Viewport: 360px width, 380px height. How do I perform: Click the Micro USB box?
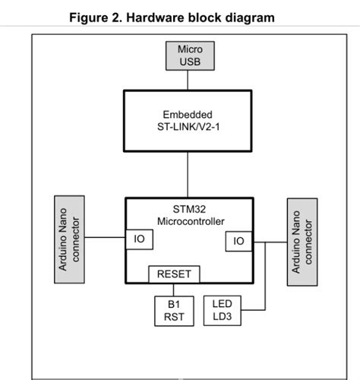pos(190,55)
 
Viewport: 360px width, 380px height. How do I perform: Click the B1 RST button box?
pos(173,310)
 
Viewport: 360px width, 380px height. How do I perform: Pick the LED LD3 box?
pos(222,310)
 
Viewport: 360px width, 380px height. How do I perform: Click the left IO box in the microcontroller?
pos(139,239)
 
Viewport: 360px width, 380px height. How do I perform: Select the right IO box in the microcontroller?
pos(238,241)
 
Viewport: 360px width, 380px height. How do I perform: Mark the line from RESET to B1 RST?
pos(173,289)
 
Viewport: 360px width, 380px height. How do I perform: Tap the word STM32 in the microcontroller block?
pos(188,209)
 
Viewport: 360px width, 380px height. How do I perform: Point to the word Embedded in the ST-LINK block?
pos(188,114)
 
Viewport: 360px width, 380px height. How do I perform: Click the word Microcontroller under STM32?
pos(188,220)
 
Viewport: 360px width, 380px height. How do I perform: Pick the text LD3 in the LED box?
pos(222,316)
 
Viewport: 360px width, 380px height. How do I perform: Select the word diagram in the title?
pos(251,17)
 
